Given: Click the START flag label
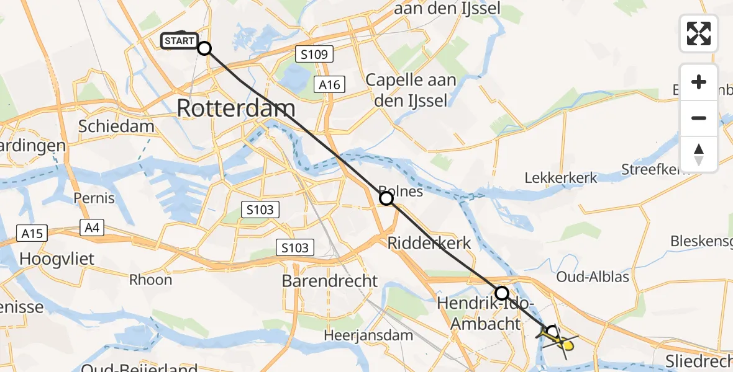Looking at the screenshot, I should pyautogui.click(x=180, y=42).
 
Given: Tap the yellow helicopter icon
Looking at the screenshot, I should pyautogui.click(x=558, y=338).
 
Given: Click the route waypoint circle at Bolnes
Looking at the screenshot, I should pyautogui.click(x=386, y=198).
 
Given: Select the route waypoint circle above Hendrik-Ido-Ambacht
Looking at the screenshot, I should pyautogui.click(x=501, y=293).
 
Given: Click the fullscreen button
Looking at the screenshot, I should pyautogui.click(x=699, y=33).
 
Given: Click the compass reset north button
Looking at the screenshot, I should pyautogui.click(x=699, y=154).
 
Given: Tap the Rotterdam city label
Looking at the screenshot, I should pyautogui.click(x=235, y=108).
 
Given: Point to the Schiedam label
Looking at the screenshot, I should pyautogui.click(x=116, y=126).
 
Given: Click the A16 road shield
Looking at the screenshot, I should pyautogui.click(x=329, y=84).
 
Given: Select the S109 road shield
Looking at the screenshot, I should pyautogui.click(x=314, y=54).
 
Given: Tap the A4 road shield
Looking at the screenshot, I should pyautogui.click(x=92, y=228).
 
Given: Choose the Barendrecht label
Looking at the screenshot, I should pyautogui.click(x=330, y=280).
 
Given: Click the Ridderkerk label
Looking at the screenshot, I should pyautogui.click(x=430, y=243).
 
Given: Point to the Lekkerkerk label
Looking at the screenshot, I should pyautogui.click(x=561, y=178).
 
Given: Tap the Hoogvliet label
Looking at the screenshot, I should pyautogui.click(x=58, y=258).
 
